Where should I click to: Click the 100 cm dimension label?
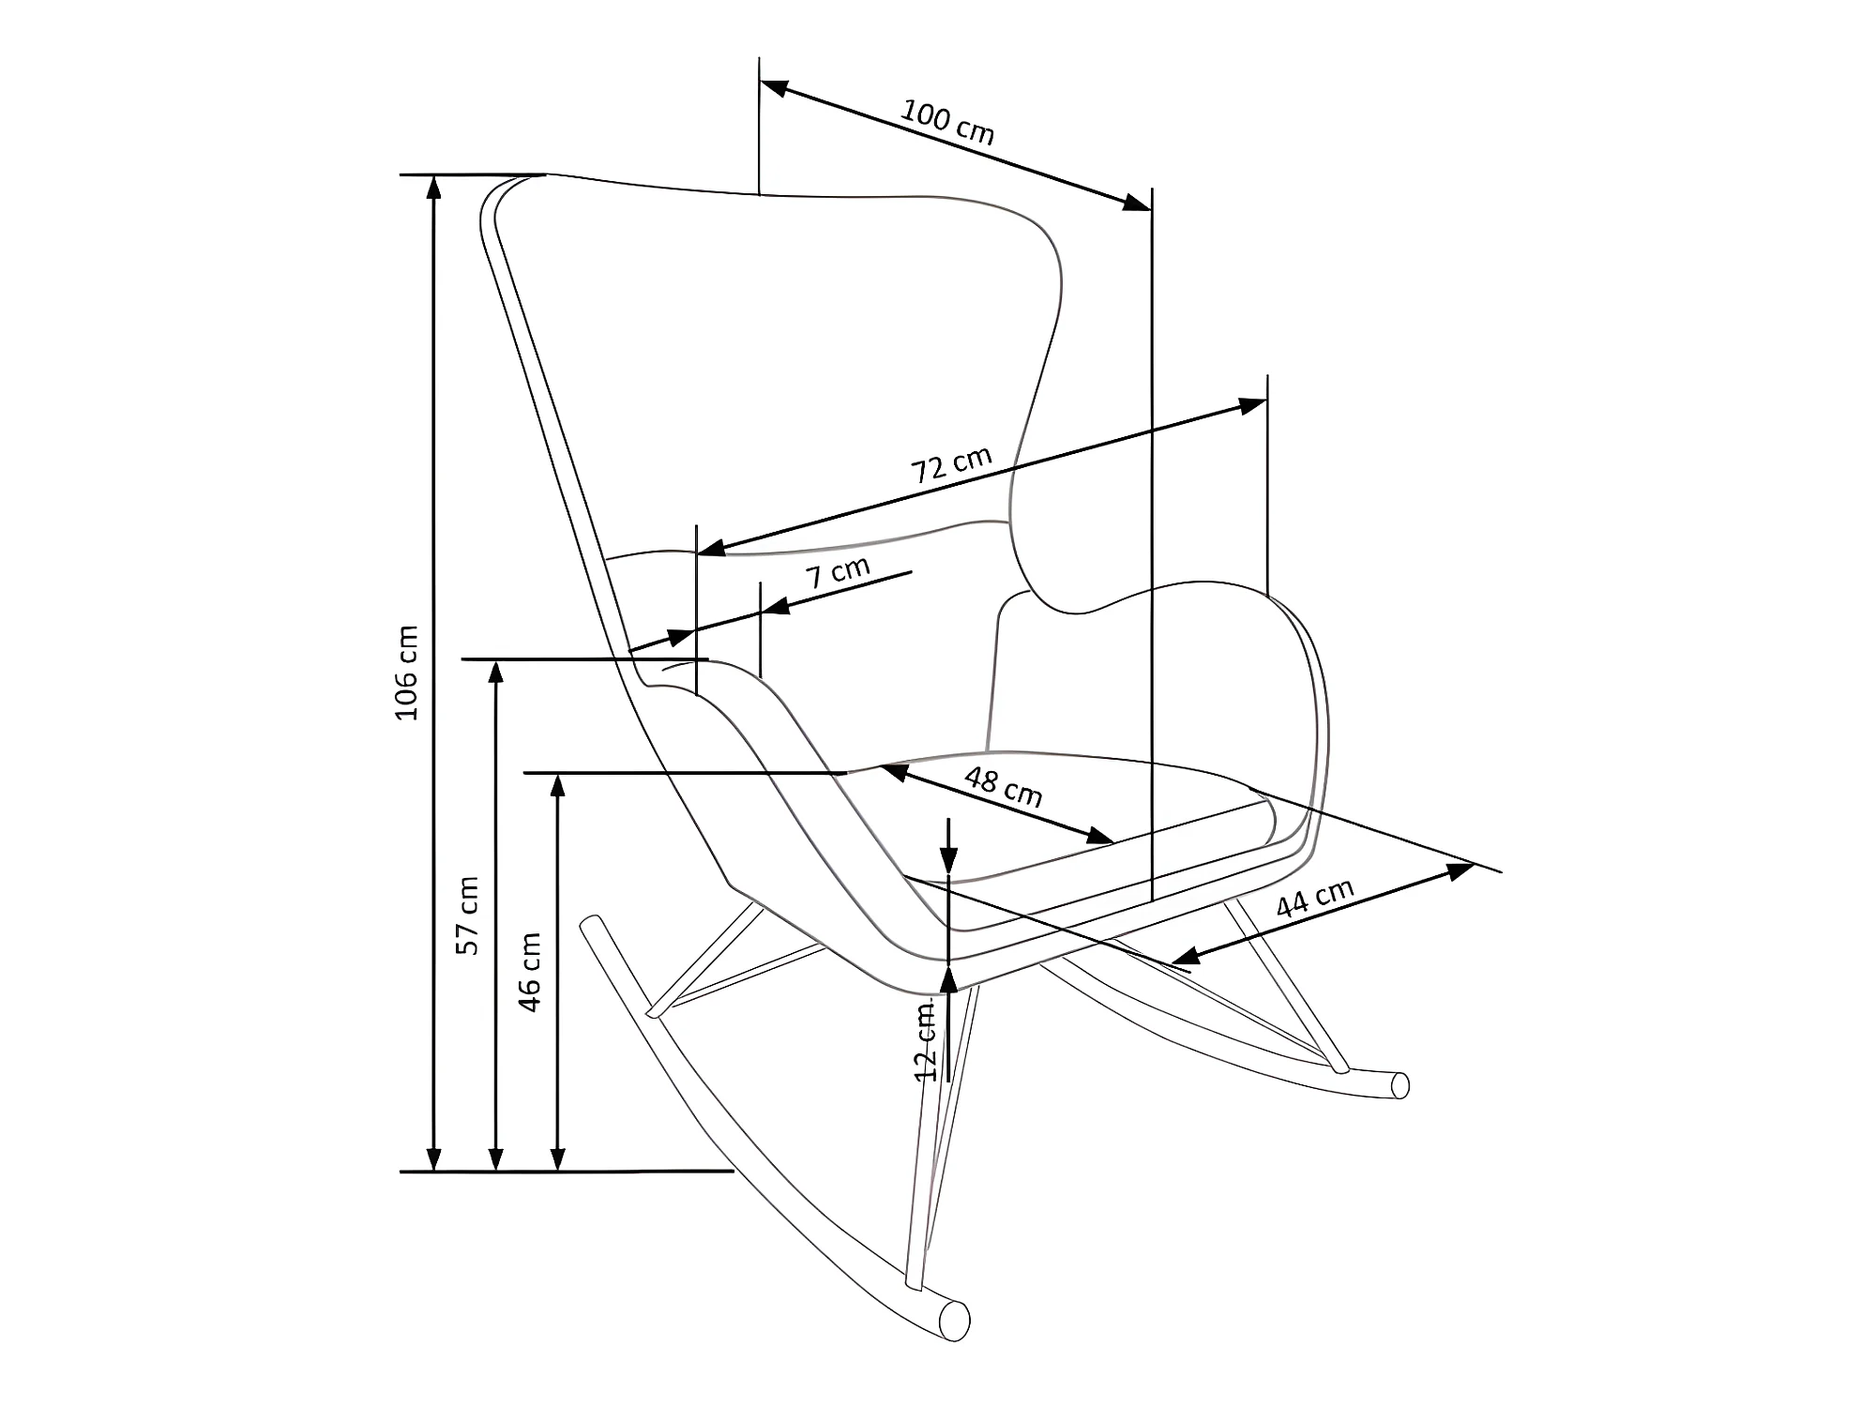[x=947, y=122]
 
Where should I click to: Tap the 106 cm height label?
[x=407, y=673]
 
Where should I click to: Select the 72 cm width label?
[x=952, y=464]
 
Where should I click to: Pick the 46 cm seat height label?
[x=530, y=972]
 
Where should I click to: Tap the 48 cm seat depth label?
[x=1003, y=787]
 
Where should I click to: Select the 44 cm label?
[x=1315, y=899]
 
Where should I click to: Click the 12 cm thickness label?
[x=926, y=1040]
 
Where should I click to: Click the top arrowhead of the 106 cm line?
[x=433, y=187]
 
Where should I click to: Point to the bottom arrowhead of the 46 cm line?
[x=558, y=1159]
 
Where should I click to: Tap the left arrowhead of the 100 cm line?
[x=773, y=87]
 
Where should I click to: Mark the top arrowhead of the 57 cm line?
[x=497, y=672]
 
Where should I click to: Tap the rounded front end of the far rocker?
[x=1399, y=1085]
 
